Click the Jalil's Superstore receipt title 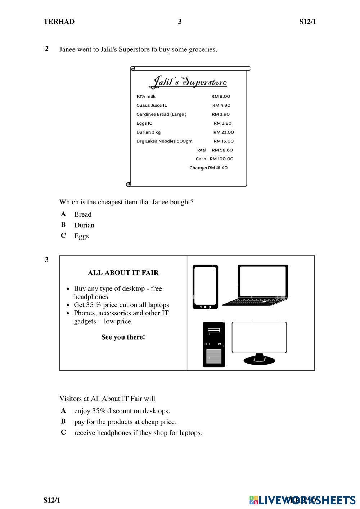188,82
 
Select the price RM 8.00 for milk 221,96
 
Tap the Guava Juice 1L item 152,105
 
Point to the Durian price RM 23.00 224,132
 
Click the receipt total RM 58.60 222,150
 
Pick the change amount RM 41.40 217,168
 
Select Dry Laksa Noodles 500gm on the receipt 164,141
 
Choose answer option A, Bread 83,214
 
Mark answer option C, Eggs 81,236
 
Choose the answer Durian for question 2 84,225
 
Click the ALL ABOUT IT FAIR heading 123,273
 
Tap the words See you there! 123,337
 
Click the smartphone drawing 205,287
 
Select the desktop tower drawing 214,344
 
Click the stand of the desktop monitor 259,359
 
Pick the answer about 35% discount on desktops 122,411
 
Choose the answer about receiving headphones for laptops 138,433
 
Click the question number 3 47,259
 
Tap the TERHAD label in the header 59,22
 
